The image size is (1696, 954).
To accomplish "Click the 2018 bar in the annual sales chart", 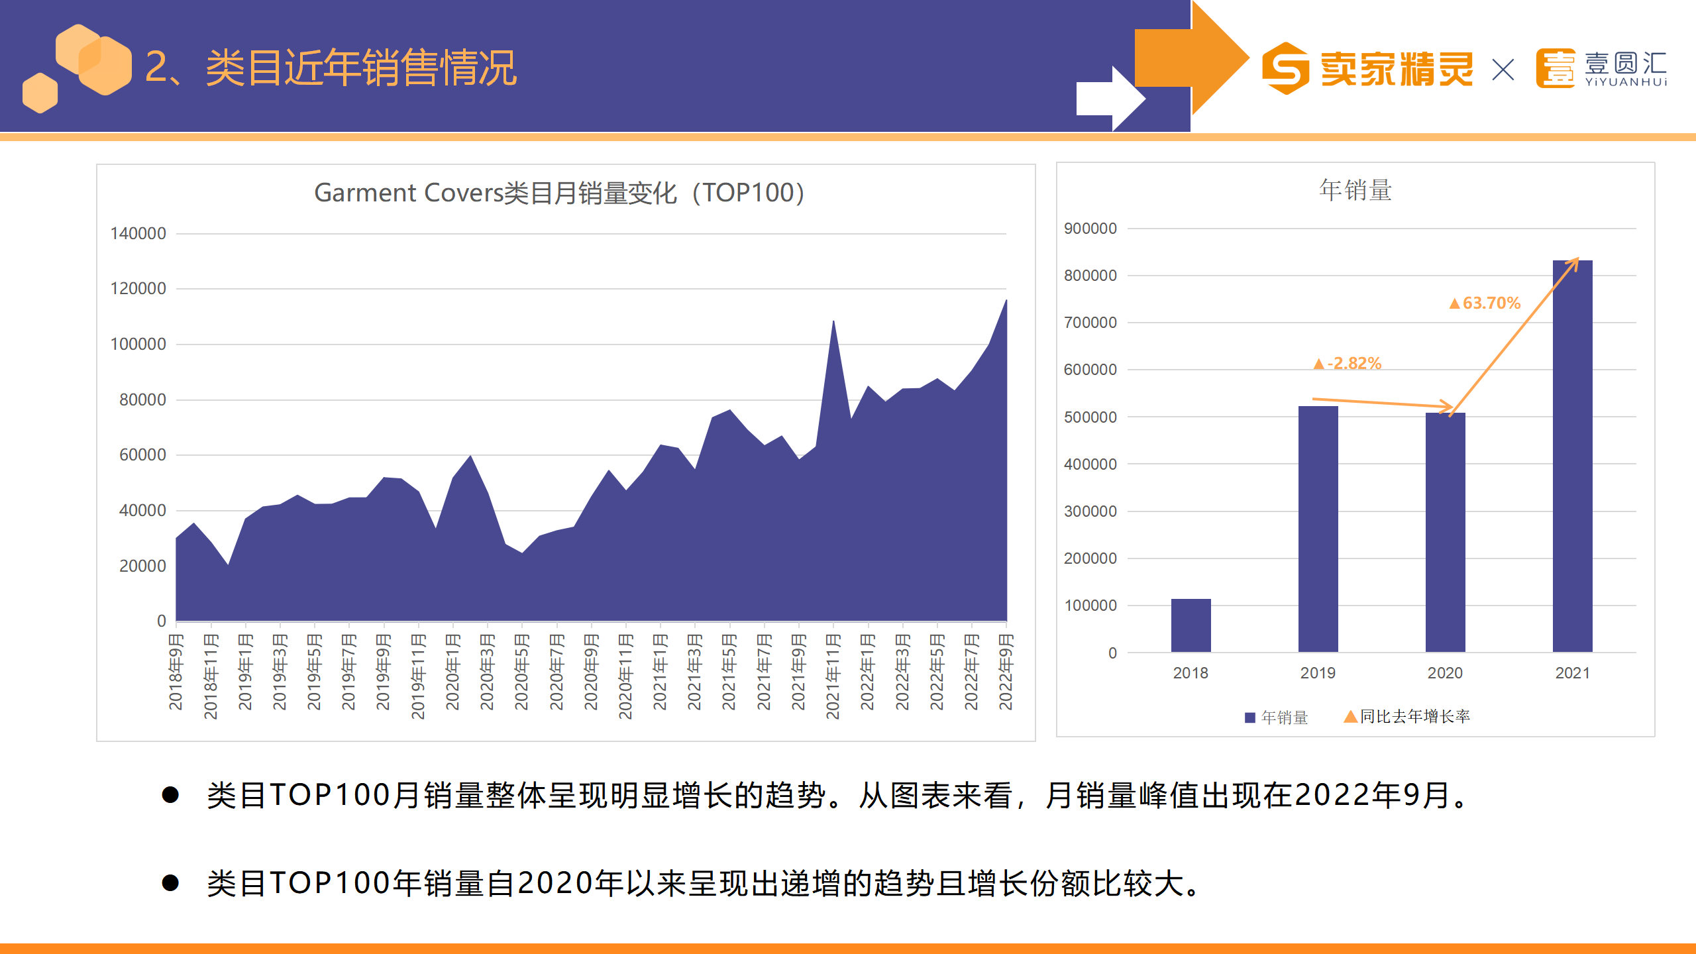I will click(x=1191, y=625).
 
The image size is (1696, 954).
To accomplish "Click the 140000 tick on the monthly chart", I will click(x=138, y=234).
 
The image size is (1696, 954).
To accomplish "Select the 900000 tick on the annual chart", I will click(x=1090, y=229).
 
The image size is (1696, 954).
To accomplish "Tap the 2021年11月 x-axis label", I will click(x=833, y=676).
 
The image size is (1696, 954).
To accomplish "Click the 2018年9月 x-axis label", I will click(x=176, y=672).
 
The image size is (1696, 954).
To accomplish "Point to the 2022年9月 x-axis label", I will click(x=1006, y=672).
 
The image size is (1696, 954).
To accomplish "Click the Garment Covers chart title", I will click(x=558, y=193).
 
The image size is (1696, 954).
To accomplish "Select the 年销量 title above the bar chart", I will click(x=1355, y=190).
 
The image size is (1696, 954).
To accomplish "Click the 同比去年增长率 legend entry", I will click(x=1414, y=716).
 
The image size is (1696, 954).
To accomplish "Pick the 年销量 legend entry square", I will click(x=1250, y=717).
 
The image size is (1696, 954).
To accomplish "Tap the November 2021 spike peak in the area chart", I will click(x=833, y=323).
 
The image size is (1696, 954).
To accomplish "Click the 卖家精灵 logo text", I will click(x=1397, y=69).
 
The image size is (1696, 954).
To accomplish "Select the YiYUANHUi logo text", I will click(x=1626, y=82).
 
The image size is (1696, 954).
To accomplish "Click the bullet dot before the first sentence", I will click(x=170, y=795).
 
